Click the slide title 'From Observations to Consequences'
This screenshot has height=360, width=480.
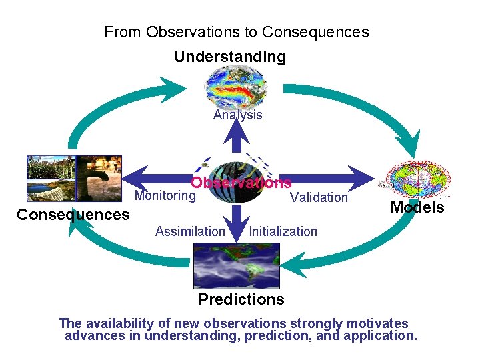[x=237, y=32]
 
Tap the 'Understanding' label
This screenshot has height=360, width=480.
[x=230, y=57]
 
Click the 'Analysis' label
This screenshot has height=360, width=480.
[x=238, y=115]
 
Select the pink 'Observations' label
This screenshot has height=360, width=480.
[x=241, y=183]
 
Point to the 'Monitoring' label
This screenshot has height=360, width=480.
[x=165, y=195]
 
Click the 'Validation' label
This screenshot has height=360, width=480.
[x=319, y=197]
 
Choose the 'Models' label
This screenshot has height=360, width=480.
[x=417, y=207]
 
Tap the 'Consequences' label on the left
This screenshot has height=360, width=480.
[x=73, y=215]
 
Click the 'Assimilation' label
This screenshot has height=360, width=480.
[x=190, y=231]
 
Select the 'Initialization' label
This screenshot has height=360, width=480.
[x=283, y=231]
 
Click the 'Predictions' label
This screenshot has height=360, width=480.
[x=241, y=299]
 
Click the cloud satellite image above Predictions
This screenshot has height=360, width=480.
[x=236, y=265]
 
